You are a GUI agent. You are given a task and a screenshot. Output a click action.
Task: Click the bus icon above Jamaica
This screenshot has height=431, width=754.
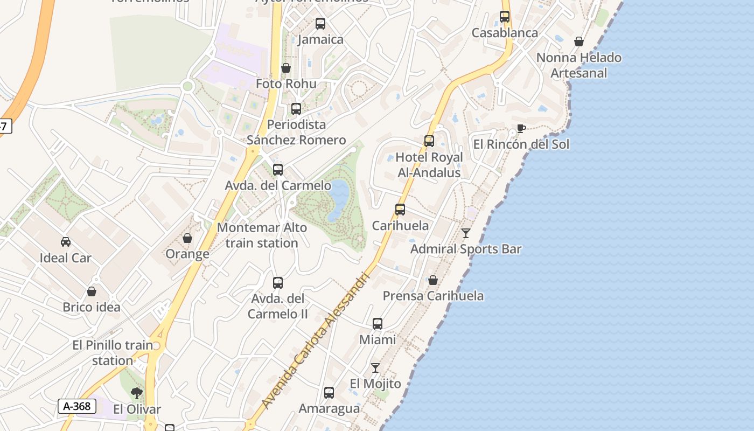[320, 24]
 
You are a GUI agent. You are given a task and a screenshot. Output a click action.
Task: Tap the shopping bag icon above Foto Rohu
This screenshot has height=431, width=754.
[286, 68]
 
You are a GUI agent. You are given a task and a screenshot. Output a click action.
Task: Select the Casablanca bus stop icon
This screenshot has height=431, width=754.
[505, 17]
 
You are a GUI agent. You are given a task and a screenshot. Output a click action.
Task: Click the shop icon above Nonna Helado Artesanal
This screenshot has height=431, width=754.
[579, 41]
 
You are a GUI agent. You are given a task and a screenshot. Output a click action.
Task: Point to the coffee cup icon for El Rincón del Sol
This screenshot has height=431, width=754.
[521, 128]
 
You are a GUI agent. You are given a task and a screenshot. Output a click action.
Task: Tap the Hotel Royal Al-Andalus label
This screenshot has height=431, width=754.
[429, 165]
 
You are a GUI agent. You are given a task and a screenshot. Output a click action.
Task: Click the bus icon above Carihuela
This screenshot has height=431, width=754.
[400, 210]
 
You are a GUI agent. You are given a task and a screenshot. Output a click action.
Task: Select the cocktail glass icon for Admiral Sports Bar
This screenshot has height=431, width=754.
[466, 233]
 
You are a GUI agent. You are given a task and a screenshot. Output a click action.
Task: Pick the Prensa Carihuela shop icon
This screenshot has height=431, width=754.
[433, 280]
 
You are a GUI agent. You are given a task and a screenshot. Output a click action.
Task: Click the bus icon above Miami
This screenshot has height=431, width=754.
[378, 324]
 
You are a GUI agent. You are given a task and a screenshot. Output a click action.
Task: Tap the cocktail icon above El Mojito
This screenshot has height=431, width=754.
[375, 368]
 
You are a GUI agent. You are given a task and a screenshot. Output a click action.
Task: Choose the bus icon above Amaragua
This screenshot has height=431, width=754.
[329, 393]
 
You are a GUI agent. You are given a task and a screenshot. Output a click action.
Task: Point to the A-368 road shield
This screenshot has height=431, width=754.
[77, 406]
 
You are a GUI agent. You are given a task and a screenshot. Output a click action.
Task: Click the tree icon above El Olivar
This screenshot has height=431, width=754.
[137, 393]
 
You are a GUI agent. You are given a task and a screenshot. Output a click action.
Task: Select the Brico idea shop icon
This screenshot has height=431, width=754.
[92, 291]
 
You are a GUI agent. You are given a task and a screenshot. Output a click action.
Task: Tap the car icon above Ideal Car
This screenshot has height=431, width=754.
[66, 242]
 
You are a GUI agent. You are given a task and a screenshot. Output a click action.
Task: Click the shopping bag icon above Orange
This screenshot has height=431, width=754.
[187, 238]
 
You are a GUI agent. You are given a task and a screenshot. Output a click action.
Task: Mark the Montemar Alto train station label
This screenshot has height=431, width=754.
[262, 235]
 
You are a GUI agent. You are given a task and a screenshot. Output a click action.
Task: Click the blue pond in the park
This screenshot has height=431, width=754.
[338, 199]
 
